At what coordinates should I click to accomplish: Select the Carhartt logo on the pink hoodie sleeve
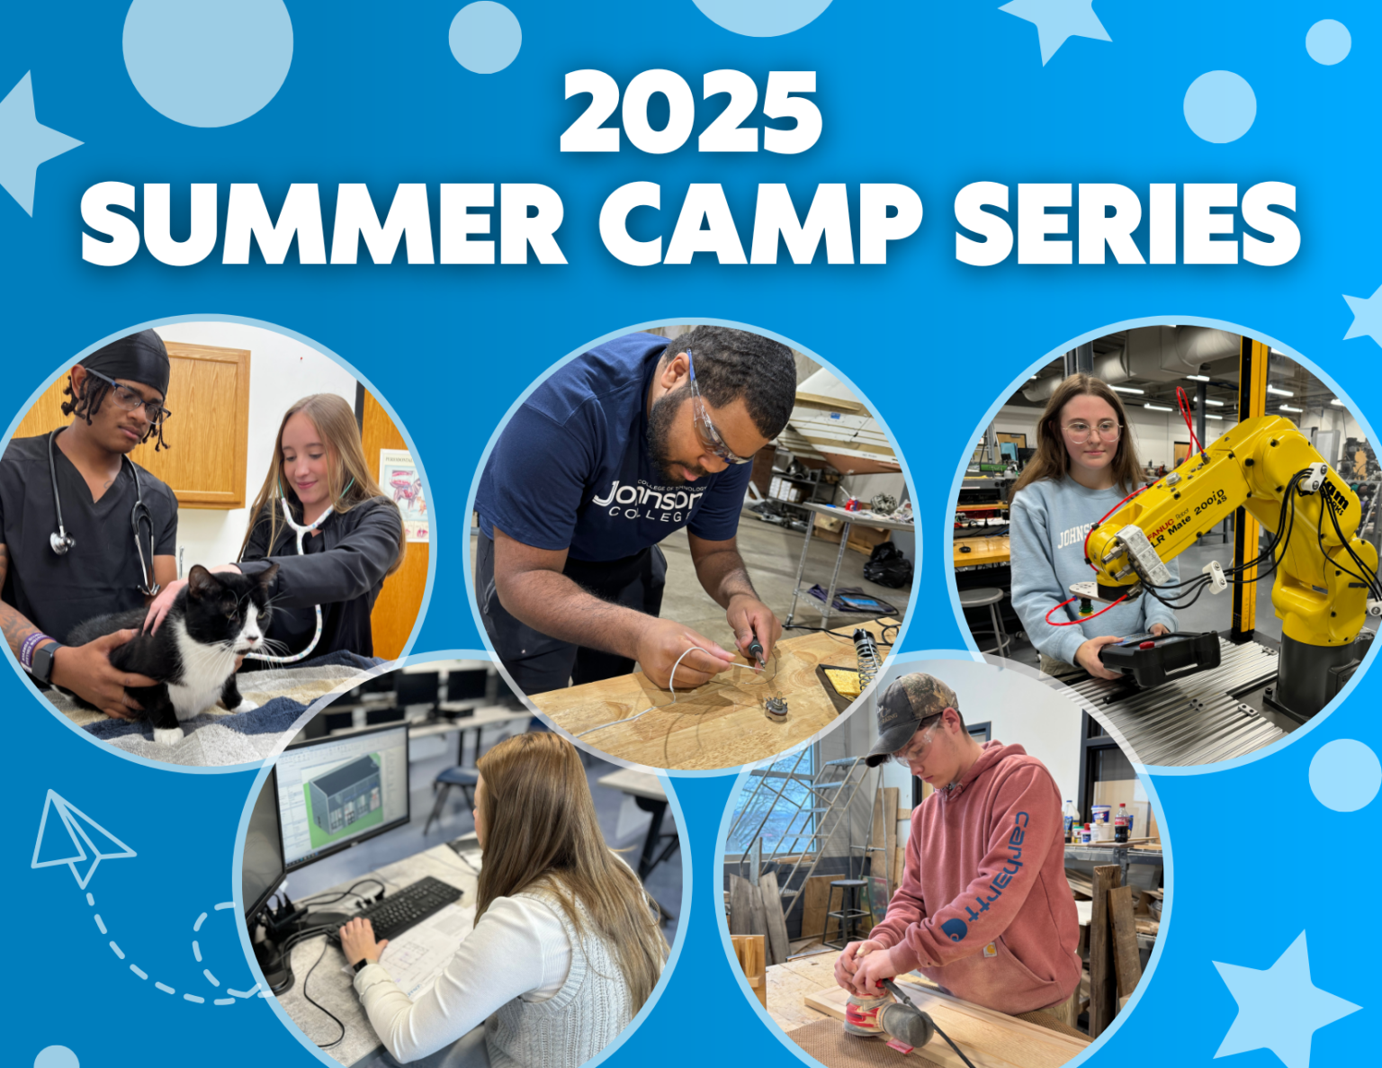tap(994, 877)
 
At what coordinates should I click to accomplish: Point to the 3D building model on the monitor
tap(343, 792)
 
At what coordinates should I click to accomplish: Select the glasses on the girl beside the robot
tap(1091, 430)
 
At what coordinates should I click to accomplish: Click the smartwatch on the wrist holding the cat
tap(43, 661)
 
